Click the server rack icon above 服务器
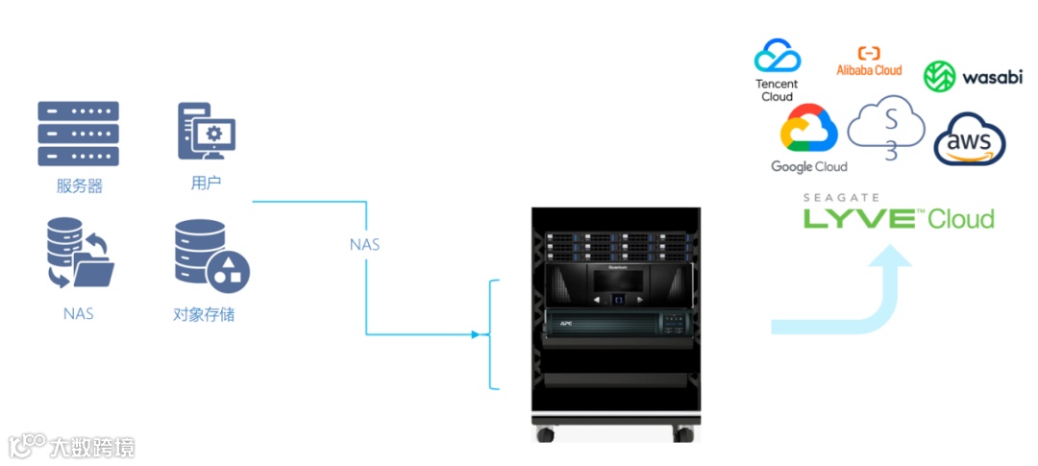coord(78,134)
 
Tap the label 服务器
coord(79,186)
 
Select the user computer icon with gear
coord(206,132)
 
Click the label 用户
coord(206,183)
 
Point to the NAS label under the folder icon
coord(78,313)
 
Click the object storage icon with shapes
coord(210,257)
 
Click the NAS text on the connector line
coord(364,244)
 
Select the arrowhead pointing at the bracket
coord(474,334)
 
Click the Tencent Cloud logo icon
coord(777,56)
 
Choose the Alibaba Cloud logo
coord(869,61)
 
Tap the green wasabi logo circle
coord(938,77)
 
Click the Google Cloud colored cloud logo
coord(809,130)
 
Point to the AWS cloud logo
coord(970,140)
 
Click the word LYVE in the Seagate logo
coord(858,218)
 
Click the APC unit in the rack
coord(616,324)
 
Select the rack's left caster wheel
coord(546,433)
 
